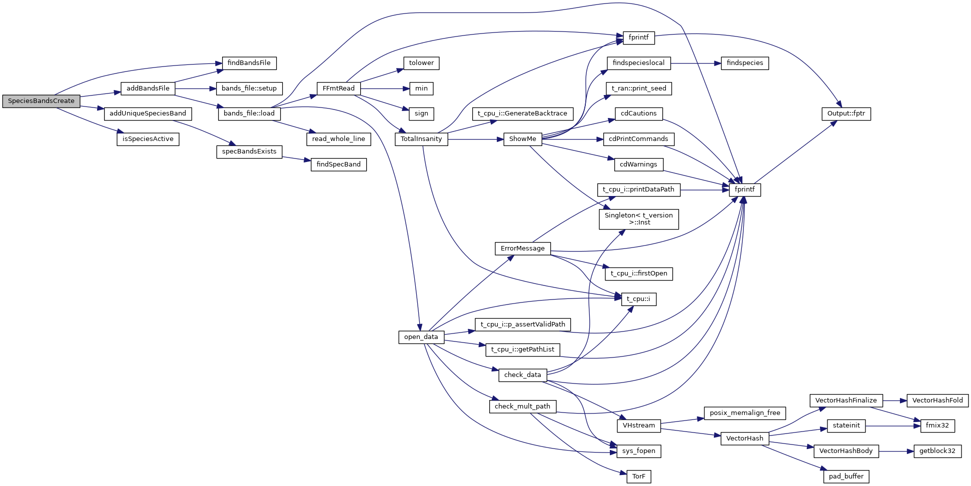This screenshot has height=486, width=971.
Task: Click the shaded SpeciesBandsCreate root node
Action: click(x=41, y=101)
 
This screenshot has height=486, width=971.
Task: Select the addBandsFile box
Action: click(x=148, y=88)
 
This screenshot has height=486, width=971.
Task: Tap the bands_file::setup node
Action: click(x=249, y=88)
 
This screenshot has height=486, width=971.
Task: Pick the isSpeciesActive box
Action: click(x=148, y=139)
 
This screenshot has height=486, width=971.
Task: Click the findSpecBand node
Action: click(x=338, y=164)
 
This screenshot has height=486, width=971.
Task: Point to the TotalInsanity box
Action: click(x=421, y=139)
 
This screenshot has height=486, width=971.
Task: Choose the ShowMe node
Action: click(x=522, y=139)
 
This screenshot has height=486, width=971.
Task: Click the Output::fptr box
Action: click(x=846, y=113)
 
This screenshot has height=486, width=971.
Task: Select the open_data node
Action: click(x=421, y=337)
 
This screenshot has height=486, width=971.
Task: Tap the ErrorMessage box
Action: click(x=522, y=248)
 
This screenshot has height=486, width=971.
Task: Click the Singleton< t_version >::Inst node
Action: click(x=638, y=219)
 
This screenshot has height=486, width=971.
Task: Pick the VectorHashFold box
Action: click(x=937, y=400)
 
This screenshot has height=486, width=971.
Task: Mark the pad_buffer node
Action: click(x=846, y=476)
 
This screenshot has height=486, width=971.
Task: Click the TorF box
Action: click(x=638, y=476)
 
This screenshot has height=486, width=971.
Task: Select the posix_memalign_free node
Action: click(x=744, y=413)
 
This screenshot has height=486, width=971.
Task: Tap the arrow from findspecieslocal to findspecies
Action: click(x=695, y=63)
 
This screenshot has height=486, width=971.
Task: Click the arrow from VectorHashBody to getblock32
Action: click(x=896, y=451)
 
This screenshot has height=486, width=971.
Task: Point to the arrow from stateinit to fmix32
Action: click(x=893, y=426)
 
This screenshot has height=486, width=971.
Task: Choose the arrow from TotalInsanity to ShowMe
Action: click(x=475, y=139)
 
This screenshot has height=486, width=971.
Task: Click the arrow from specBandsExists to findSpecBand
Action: click(x=296, y=158)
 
